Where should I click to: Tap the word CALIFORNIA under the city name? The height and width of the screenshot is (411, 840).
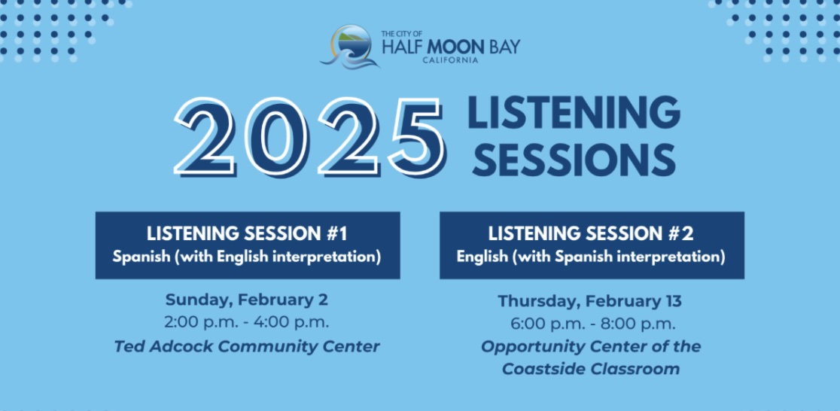click(x=450, y=60)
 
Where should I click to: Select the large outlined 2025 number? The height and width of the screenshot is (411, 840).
click(x=309, y=138)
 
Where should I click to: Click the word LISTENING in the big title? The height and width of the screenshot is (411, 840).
click(x=574, y=112)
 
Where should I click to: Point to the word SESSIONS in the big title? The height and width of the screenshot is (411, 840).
click(x=574, y=160)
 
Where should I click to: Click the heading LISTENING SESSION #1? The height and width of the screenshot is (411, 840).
click(x=247, y=234)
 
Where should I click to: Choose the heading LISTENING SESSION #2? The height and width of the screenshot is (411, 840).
click(x=591, y=234)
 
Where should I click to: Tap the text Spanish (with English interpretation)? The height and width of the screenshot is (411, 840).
click(x=247, y=257)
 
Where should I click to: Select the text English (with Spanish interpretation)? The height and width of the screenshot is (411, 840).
click(x=591, y=257)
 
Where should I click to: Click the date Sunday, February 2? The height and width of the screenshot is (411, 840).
click(x=246, y=300)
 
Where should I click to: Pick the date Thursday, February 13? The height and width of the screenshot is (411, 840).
click(x=590, y=301)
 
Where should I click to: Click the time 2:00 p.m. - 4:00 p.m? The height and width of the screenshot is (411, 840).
click(x=246, y=323)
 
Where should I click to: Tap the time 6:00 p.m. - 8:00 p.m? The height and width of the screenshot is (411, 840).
click(x=593, y=324)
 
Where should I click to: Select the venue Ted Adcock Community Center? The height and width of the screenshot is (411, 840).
click(x=247, y=347)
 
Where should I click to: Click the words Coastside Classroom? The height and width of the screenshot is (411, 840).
click(x=591, y=369)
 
